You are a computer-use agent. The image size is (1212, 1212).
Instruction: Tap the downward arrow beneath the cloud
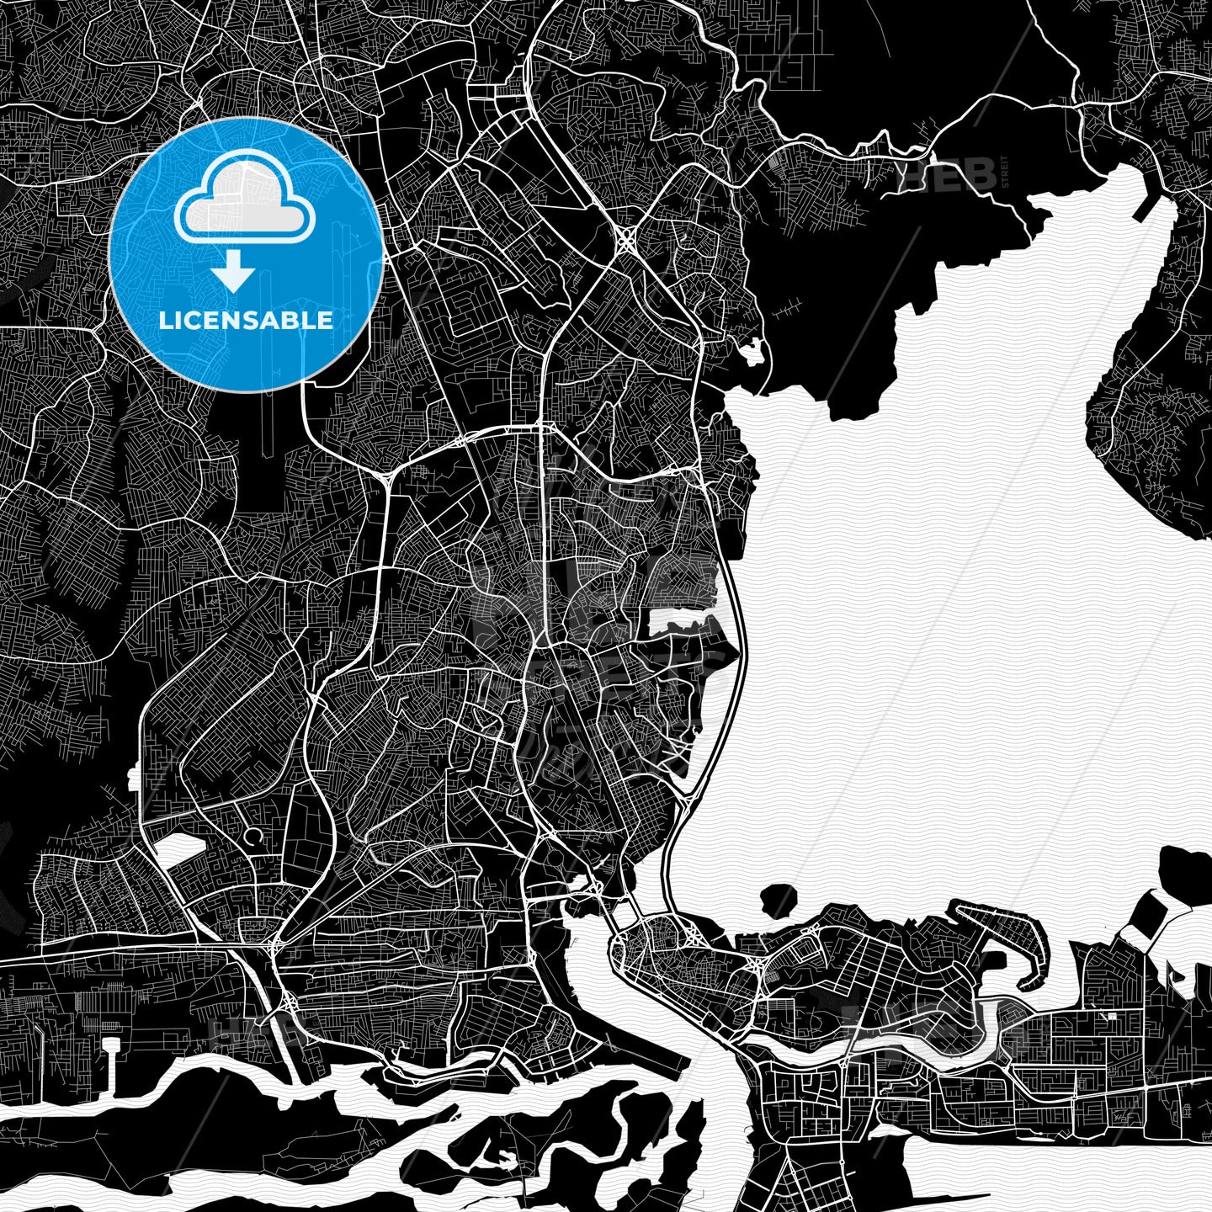click(234, 274)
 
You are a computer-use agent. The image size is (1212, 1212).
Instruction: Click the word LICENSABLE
click(245, 320)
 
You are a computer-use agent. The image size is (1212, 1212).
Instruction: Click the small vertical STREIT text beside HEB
click(1004, 172)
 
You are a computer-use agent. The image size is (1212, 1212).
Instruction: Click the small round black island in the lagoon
click(779, 899)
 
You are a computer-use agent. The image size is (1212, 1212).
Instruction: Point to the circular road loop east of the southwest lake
click(253, 837)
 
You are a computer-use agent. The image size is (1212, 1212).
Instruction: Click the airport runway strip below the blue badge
click(268, 421)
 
